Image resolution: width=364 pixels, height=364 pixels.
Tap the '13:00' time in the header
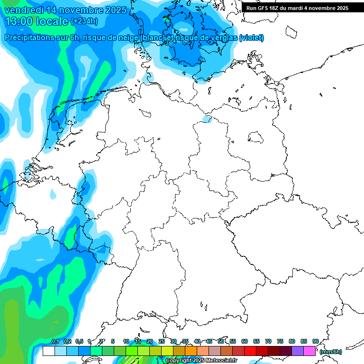18,21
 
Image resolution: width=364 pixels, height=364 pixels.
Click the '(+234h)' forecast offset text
84,21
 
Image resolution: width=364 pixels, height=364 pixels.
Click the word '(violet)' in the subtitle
252,38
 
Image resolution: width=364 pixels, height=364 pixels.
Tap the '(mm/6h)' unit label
330,352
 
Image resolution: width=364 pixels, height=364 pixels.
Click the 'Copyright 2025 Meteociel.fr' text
201,361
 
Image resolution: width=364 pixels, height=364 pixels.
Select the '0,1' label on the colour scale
55,342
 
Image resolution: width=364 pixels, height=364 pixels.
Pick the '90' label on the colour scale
315,342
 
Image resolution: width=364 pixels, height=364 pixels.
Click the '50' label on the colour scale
221,342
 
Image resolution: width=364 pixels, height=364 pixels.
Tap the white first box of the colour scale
48,351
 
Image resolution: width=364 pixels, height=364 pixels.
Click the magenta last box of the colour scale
309,351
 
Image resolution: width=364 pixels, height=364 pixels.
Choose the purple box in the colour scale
298,351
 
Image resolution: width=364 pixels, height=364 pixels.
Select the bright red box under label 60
250,351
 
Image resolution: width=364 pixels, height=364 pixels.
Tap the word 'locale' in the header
53,21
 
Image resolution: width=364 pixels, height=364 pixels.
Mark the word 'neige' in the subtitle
125,38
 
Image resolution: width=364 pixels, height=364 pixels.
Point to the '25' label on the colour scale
162,342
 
